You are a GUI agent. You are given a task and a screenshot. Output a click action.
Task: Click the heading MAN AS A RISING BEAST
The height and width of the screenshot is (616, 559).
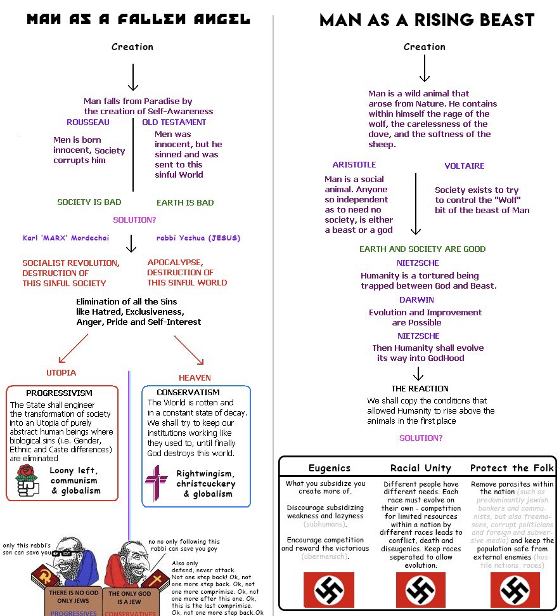click(x=427, y=20)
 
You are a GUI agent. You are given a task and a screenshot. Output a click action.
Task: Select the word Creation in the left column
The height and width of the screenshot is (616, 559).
click(x=132, y=46)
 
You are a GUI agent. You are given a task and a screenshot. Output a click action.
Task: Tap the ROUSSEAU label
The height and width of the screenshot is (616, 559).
click(x=88, y=122)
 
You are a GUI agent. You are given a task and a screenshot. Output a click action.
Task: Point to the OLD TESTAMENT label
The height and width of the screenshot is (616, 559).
click(x=174, y=122)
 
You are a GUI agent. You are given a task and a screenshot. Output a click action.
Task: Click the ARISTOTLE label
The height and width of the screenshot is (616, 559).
click(x=354, y=164)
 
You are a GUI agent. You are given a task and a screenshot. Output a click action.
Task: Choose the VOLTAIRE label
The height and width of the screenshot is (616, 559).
click(x=464, y=166)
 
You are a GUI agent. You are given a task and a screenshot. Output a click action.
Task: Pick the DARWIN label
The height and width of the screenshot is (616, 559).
click(x=416, y=299)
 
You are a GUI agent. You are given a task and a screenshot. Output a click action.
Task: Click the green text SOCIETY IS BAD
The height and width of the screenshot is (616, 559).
click(x=89, y=202)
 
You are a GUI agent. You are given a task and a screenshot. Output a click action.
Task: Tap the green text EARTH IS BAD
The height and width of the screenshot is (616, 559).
click(x=185, y=203)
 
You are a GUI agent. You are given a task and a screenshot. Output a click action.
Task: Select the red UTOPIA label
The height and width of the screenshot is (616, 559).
click(x=61, y=372)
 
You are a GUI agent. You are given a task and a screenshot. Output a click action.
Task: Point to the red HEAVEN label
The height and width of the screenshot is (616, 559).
click(x=195, y=377)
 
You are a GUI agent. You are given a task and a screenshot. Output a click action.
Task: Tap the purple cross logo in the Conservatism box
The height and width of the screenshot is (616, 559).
click(x=157, y=482)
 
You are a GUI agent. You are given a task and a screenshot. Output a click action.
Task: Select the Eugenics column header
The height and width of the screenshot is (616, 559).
click(x=329, y=468)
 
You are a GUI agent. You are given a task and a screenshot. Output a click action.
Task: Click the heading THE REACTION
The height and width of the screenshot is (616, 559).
click(x=420, y=388)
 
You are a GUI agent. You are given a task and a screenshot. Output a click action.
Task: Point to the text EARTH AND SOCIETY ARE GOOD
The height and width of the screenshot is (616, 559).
click(x=422, y=249)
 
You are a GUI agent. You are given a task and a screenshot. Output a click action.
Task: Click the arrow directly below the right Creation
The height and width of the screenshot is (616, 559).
click(x=425, y=67)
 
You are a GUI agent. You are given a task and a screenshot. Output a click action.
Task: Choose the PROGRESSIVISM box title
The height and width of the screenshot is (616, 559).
click(x=59, y=393)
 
